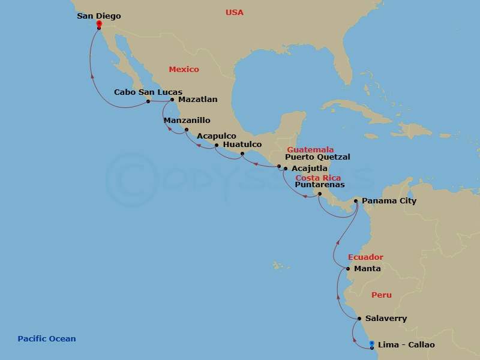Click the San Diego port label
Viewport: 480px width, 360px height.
click(x=99, y=16)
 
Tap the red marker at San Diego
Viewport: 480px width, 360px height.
click(x=99, y=25)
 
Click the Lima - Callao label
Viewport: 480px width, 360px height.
click(x=406, y=345)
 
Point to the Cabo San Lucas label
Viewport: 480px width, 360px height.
click(x=140, y=92)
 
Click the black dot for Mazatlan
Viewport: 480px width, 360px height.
click(x=172, y=100)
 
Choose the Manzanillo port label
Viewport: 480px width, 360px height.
click(x=187, y=120)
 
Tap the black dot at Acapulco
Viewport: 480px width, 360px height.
click(x=216, y=145)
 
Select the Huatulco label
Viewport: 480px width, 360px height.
click(x=242, y=145)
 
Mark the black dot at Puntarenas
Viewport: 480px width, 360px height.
click(x=319, y=193)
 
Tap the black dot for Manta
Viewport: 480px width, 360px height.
click(x=348, y=269)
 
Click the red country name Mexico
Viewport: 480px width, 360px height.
click(x=184, y=70)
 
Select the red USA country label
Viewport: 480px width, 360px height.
click(x=235, y=12)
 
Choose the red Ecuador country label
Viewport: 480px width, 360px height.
click(x=365, y=257)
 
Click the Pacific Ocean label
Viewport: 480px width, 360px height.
click(x=47, y=339)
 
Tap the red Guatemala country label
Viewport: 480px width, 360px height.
click(x=310, y=149)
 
